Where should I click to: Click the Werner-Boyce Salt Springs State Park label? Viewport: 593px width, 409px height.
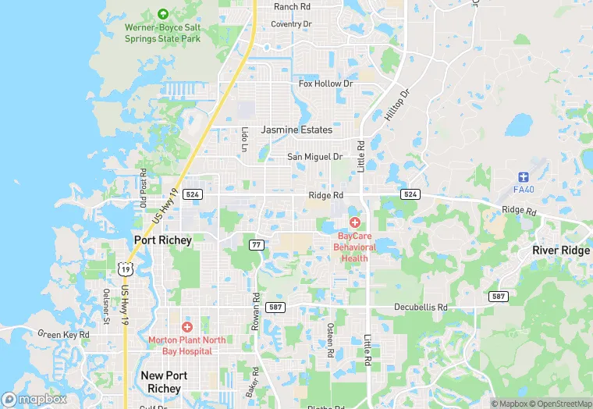pyautogui.click(x=163, y=33)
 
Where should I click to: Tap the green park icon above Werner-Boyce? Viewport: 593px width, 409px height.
pyautogui.click(x=162, y=13)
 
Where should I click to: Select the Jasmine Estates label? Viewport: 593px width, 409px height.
pyautogui.click(x=296, y=130)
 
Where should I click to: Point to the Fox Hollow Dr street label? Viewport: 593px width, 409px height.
pyautogui.click(x=326, y=84)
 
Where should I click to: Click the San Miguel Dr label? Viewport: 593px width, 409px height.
pyautogui.click(x=315, y=157)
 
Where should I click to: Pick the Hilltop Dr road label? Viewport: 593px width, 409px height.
pyautogui.click(x=396, y=104)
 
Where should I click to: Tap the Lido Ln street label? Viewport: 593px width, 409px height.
pyautogui.click(x=244, y=138)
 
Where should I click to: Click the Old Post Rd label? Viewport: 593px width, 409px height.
pyautogui.click(x=144, y=188)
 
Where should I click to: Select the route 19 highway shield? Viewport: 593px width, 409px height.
pyautogui.click(x=125, y=269)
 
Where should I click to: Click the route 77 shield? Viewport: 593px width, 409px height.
pyautogui.click(x=256, y=244)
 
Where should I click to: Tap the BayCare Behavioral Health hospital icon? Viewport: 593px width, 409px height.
pyautogui.click(x=355, y=222)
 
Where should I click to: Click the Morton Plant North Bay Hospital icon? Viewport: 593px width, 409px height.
pyautogui.click(x=186, y=326)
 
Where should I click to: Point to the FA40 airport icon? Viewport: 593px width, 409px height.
pyautogui.click(x=523, y=176)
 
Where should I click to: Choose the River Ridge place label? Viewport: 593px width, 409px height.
pyautogui.click(x=561, y=251)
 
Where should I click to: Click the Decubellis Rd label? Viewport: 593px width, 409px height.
pyautogui.click(x=421, y=308)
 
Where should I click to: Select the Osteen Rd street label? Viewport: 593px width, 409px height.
pyautogui.click(x=331, y=340)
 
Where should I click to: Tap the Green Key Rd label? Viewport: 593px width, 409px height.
pyautogui.click(x=64, y=335)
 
